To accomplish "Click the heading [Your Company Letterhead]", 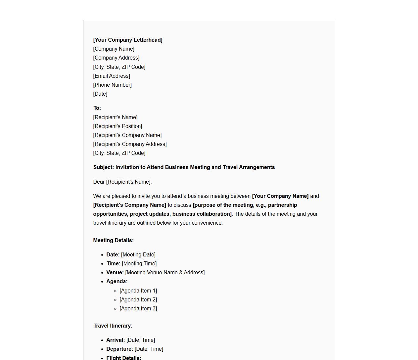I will [x=128, y=40].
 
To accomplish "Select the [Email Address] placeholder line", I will [x=112, y=76].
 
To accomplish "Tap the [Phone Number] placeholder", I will [x=113, y=85].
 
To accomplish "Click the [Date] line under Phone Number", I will [x=100, y=94].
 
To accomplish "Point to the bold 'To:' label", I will [x=97, y=108].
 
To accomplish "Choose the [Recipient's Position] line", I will [x=117, y=126].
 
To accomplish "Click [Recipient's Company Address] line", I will [x=130, y=144].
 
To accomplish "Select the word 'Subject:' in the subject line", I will [x=104, y=167].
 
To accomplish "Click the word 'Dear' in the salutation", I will [x=99, y=182].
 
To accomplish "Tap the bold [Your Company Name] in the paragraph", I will [x=280, y=196].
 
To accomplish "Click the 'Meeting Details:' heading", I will [x=113, y=240].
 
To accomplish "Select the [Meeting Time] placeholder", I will [x=139, y=263].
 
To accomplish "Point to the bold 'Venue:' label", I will [x=115, y=272].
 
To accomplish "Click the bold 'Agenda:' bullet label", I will [x=117, y=281].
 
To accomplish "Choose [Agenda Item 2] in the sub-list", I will [x=138, y=299].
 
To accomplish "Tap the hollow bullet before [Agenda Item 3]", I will [x=116, y=309].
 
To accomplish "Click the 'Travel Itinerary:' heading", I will [x=113, y=326].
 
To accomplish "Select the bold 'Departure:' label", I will [x=119, y=349].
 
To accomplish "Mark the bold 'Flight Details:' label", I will [x=124, y=358].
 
